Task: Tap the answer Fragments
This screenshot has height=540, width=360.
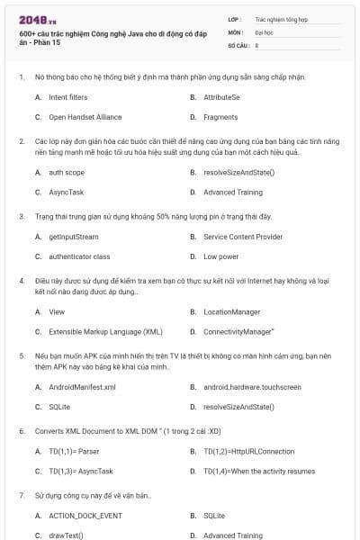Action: (x=220, y=117)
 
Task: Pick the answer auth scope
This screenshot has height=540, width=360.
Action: (x=67, y=172)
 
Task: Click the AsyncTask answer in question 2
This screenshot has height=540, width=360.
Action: (x=66, y=193)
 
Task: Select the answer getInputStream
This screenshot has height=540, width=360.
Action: (x=73, y=236)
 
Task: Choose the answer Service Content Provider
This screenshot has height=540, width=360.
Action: (x=243, y=236)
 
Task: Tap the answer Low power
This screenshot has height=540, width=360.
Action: (x=220, y=256)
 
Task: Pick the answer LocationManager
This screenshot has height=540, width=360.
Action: (x=232, y=311)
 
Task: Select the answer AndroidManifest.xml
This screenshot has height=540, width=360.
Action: (x=82, y=387)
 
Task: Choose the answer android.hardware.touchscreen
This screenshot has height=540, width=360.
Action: (x=252, y=387)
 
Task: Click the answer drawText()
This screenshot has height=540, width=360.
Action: (x=66, y=535)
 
